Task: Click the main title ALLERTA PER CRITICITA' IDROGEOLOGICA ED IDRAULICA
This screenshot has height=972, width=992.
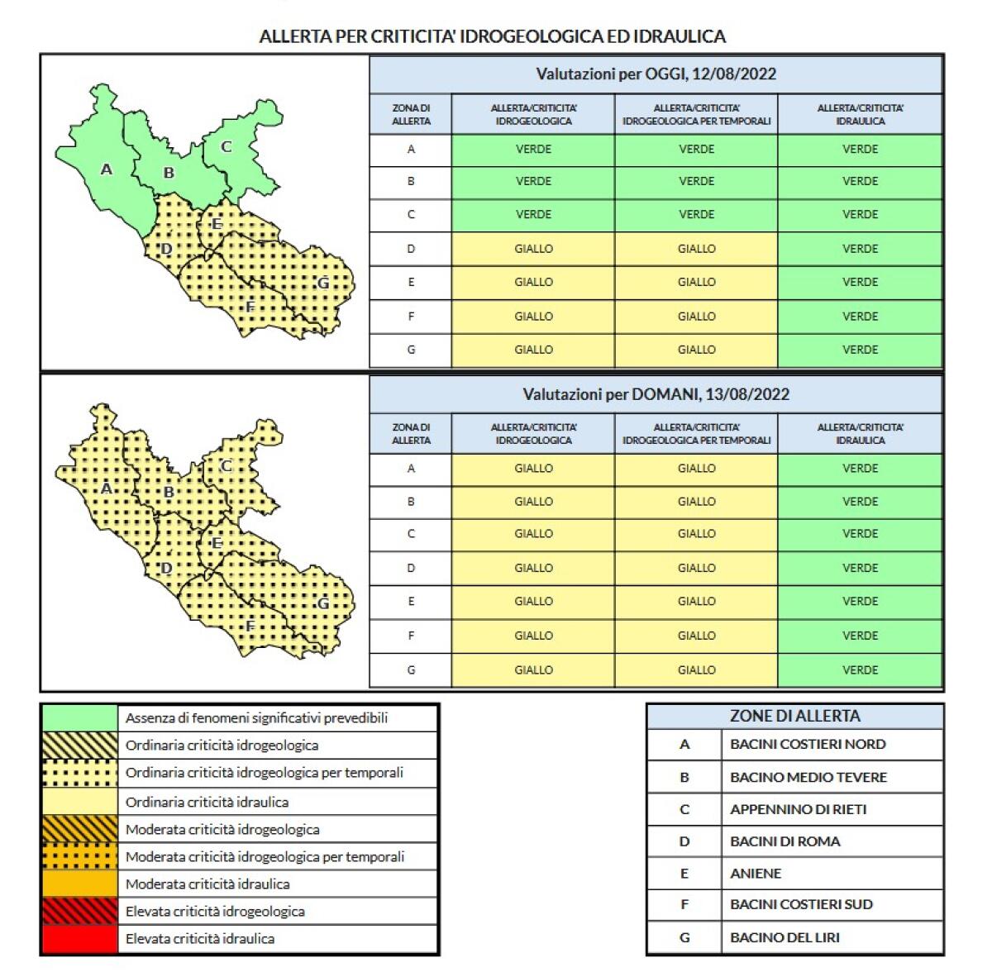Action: (493, 36)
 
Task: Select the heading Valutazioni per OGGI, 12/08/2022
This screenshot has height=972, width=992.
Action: (656, 74)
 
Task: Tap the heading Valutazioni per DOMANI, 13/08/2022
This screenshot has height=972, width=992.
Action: (656, 394)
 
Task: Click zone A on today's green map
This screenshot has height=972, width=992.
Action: (106, 169)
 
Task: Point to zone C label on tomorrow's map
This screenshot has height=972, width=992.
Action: (226, 466)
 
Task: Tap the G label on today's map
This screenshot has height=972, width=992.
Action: (323, 283)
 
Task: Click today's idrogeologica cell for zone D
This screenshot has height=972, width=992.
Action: (533, 249)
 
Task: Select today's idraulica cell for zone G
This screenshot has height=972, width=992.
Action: (860, 350)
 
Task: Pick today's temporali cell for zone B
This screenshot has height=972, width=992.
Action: (696, 182)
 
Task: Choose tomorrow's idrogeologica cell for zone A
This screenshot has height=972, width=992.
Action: (533, 469)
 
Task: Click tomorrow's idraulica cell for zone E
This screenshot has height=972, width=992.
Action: (860, 602)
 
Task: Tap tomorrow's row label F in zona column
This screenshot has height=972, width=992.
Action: (411, 636)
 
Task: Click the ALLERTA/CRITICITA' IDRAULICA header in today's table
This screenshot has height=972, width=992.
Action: (860, 114)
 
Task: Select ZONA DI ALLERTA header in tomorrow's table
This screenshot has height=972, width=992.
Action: (411, 434)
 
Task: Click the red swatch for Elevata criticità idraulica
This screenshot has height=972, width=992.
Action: (79, 939)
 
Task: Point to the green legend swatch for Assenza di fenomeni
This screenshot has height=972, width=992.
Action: (79, 717)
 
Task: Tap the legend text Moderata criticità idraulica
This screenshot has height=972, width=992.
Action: (207, 884)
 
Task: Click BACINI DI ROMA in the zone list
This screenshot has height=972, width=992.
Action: (785, 841)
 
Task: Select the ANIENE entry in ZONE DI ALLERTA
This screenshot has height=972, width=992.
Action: (756, 874)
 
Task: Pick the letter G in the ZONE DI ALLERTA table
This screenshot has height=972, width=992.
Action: (684, 938)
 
